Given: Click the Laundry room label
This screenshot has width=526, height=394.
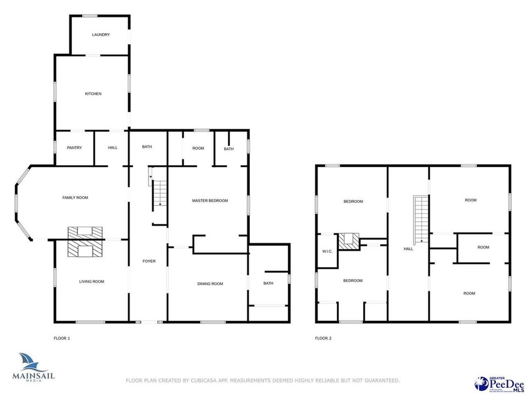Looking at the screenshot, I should point(101,34).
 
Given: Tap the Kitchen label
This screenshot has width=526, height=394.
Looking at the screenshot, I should point(93,94).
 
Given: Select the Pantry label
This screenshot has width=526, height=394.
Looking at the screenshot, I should point(75,148).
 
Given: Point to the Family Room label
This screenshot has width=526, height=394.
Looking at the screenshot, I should point(75,198).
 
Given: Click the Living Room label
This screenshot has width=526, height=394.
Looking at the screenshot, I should point(91,281).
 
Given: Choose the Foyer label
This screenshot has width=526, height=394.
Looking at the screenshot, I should point(149,261).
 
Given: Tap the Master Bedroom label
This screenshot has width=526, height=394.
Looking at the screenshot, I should point(210,201).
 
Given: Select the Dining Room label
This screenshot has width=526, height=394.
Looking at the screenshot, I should point(210,284).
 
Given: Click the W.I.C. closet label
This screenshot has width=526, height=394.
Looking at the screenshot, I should point(327,252).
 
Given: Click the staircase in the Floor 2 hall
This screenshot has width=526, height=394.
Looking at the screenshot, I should point(420,219).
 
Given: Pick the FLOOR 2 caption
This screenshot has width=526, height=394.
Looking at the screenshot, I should point(323,338).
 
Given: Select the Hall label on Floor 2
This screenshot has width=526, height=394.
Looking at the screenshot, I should point(408,249).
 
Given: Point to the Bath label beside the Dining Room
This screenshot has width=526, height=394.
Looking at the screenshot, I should point(268,283).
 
